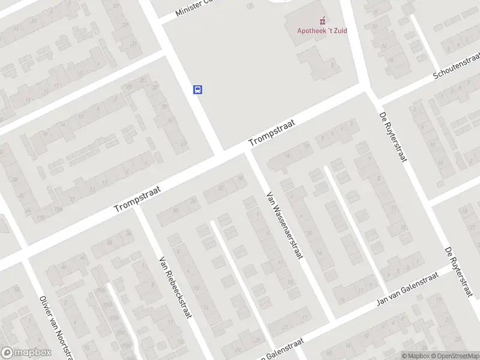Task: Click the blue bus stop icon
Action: [x=197, y=90]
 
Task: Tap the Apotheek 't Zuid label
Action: [x=322, y=31]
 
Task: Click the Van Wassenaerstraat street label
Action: [x=284, y=224]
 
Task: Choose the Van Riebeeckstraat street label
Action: [x=175, y=287]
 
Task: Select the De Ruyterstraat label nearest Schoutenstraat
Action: [x=394, y=136]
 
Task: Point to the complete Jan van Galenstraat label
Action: [x=403, y=292]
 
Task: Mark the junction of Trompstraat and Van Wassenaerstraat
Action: [x=247, y=151]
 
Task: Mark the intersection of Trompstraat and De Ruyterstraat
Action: [x=367, y=90]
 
